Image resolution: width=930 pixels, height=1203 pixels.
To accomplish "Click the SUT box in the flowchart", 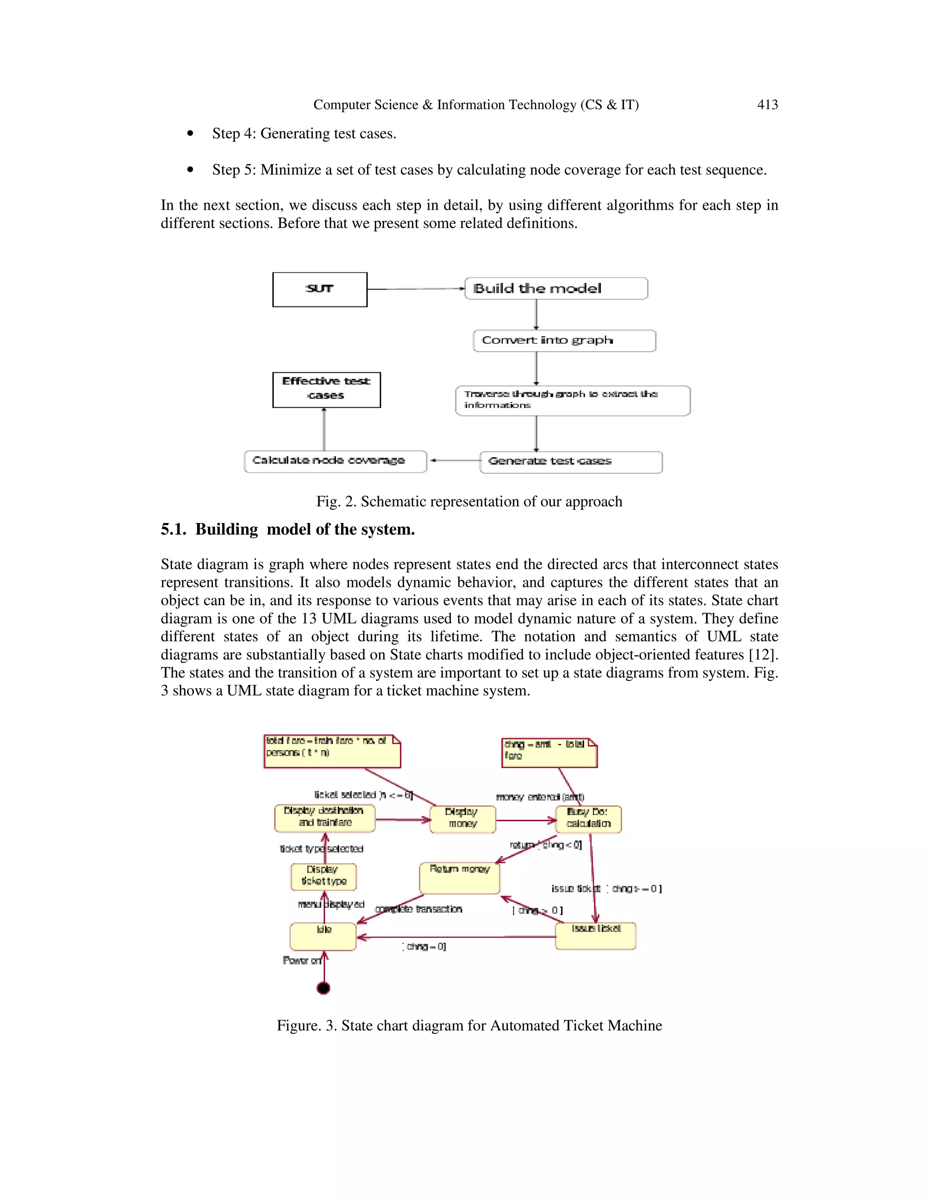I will [320, 289].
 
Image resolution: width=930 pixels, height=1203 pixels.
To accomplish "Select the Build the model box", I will [556, 288].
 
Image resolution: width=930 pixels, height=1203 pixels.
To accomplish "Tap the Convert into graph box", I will [564, 340].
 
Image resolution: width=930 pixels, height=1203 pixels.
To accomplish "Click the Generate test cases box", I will [571, 462].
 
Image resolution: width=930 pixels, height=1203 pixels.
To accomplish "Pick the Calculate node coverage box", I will [335, 461].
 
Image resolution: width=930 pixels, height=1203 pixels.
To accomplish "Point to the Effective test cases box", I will [326, 389].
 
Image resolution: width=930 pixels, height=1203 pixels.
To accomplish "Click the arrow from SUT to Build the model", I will [416, 289].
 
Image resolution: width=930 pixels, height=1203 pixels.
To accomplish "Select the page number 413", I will [767, 105].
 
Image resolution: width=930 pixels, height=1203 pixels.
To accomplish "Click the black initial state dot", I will [323, 988].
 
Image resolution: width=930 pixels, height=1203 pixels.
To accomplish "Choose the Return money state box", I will [459, 878].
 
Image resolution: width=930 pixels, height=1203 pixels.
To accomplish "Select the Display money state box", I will [462, 819].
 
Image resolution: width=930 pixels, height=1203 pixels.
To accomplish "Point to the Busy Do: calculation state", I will [589, 819].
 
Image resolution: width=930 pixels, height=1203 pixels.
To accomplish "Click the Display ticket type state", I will [323, 876].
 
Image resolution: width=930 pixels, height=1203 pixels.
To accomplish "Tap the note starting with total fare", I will [331, 751].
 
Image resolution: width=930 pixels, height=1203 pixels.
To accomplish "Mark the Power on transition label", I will [302, 960].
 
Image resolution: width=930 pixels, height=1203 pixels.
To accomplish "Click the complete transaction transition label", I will [419, 909].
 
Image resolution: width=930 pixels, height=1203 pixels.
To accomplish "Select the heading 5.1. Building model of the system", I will [287, 529].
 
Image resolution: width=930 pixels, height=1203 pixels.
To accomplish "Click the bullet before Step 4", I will [190, 134].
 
